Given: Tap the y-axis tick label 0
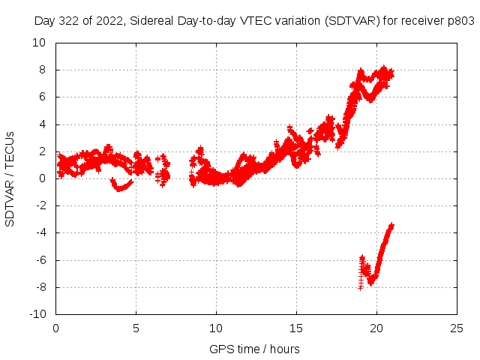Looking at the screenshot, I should [x=46, y=178].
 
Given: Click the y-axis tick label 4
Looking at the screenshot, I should [x=46, y=124].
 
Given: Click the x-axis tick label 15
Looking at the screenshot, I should [x=296, y=328].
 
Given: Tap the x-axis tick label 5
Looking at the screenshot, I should [x=136, y=328].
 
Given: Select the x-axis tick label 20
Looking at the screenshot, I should [x=376, y=328].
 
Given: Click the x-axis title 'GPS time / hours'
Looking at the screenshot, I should [x=254, y=349].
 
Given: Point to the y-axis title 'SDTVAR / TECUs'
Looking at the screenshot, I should [x=10, y=178].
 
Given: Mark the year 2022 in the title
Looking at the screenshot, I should [x=109, y=22].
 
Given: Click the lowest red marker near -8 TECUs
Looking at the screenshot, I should [x=361, y=287].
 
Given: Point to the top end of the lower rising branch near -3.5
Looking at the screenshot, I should [x=391, y=225].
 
